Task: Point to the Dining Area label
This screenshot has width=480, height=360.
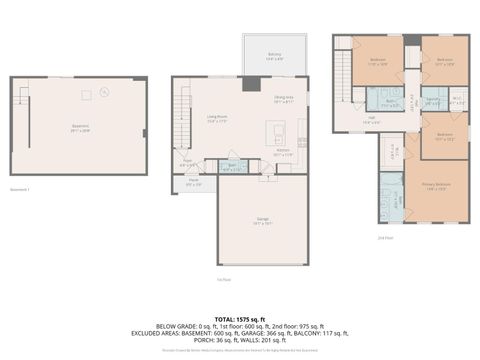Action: point(284,98)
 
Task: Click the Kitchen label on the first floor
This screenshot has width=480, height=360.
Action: point(284,153)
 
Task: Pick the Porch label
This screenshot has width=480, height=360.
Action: point(193,182)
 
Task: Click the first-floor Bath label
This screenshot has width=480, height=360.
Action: point(232,167)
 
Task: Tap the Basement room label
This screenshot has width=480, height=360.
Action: point(80,128)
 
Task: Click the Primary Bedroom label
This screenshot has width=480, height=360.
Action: point(436,187)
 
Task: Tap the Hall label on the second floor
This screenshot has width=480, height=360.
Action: point(370,120)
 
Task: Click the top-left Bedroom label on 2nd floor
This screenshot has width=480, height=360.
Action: point(378,61)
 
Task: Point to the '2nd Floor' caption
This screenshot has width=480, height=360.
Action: point(385,238)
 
